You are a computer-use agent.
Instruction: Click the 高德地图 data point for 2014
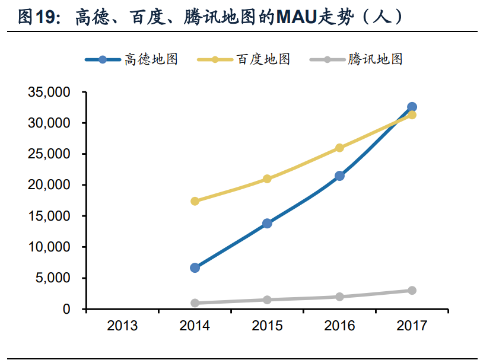[x=195, y=267]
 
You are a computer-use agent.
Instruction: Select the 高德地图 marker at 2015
[x=267, y=223]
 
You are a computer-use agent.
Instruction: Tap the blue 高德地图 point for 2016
[x=339, y=176]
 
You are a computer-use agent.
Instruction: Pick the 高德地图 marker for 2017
[x=412, y=107]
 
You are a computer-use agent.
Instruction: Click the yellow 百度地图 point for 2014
[x=195, y=201]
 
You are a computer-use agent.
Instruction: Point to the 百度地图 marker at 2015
[x=267, y=179]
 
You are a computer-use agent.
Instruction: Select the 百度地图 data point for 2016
[x=339, y=148]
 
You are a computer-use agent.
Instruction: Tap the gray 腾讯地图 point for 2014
[x=195, y=303]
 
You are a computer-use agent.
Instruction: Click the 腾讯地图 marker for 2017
[x=412, y=291]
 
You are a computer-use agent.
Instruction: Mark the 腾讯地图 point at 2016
[x=339, y=297]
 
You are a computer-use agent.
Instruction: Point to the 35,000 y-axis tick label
[x=49, y=93]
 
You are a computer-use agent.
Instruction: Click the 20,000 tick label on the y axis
[x=49, y=185]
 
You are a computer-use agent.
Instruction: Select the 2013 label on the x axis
[x=122, y=326]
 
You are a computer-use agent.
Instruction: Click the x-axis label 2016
[x=339, y=326]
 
